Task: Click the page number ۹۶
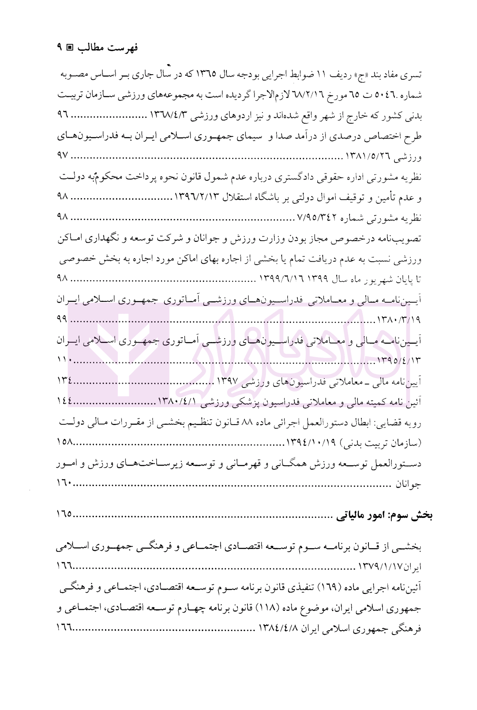(63, 115)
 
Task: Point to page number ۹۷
(63, 156)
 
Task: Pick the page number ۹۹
(62, 319)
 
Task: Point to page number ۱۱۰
(64, 360)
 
